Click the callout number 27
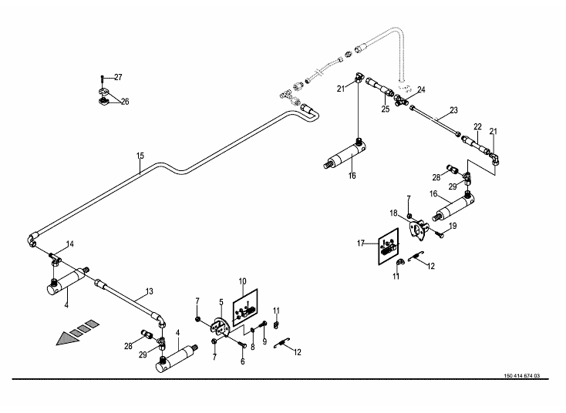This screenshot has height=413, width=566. [117, 77]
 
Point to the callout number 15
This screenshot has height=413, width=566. [140, 156]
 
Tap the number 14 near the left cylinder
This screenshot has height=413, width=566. [69, 244]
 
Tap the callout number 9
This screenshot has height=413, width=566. [264, 342]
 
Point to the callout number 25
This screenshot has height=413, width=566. [384, 110]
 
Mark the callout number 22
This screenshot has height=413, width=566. [477, 126]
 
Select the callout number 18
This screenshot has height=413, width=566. [392, 213]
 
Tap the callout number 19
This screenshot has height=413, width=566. [453, 226]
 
